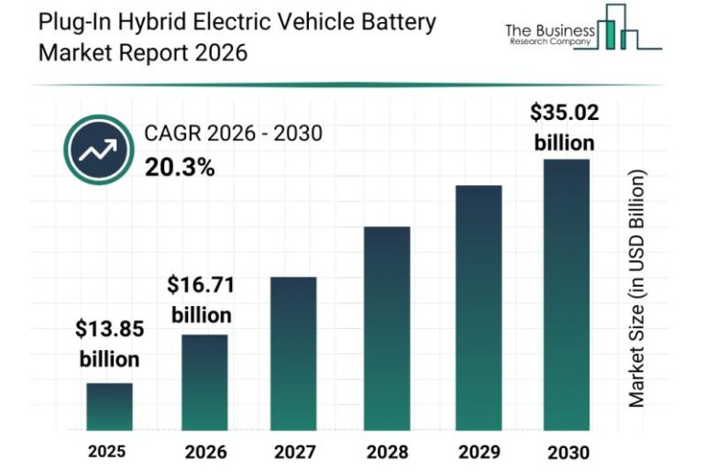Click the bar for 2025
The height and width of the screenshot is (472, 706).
coord(109,407)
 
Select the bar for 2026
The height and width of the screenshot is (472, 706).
coord(204,383)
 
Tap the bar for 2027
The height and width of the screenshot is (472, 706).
coord(293,354)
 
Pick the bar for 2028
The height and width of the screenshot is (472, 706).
coord(386,328)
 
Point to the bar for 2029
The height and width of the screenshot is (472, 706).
coord(478,308)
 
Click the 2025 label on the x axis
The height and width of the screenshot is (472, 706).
coord(107,451)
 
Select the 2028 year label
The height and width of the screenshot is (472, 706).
coord(387,451)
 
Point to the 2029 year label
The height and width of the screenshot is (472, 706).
coord(479,451)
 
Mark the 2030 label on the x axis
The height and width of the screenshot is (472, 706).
coord(568,451)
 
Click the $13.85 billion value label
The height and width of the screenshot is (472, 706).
coord(109,343)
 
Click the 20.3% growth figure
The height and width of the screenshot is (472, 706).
coord(180,167)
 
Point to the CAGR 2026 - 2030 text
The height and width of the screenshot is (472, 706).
coord(233,135)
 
